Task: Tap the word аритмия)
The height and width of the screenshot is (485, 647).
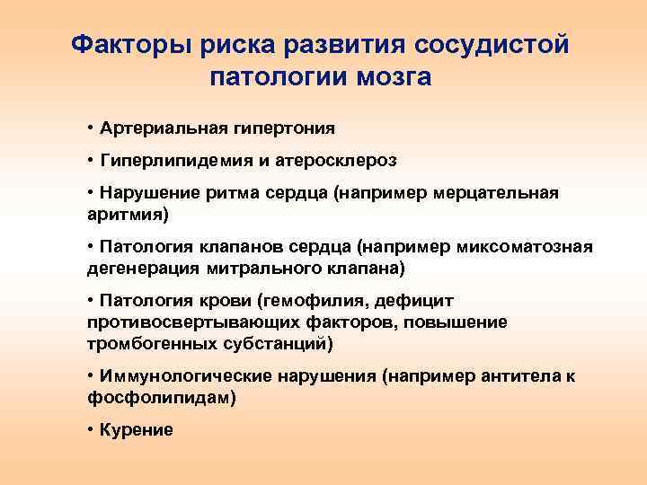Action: [128, 215]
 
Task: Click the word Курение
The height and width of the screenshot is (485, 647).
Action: [137, 430]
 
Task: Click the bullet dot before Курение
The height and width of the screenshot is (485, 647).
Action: [92, 430]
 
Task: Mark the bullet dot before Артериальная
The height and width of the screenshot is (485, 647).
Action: [92, 128]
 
